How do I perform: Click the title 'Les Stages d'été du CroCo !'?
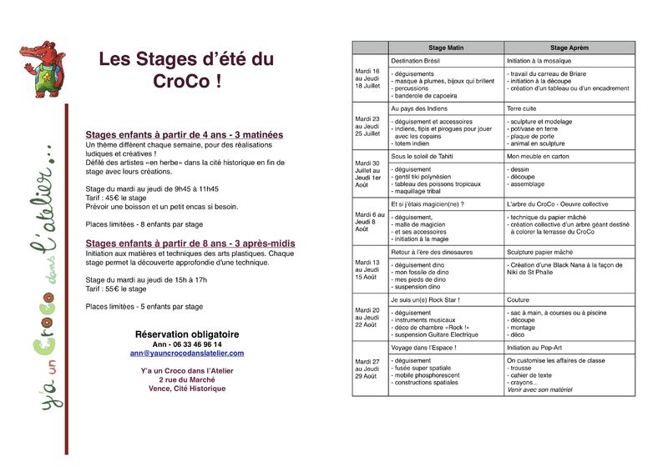coord(186,70)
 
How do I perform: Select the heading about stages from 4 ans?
coord(184,134)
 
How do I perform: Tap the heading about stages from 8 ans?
coord(190,244)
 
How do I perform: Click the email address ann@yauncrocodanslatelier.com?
coord(187,354)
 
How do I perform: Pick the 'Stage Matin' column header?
coord(446,48)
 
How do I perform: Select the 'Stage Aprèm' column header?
coord(569,48)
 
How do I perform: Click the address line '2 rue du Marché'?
coord(187,379)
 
